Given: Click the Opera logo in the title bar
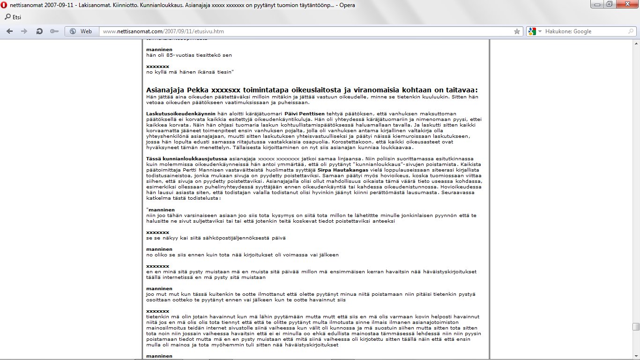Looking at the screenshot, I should pyautogui.click(x=4, y=5).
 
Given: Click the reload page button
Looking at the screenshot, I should pyautogui.click(x=39, y=31).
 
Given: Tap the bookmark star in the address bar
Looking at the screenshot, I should pyautogui.click(x=517, y=31).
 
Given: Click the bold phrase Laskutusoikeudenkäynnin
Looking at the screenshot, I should pyautogui.click(x=181, y=113).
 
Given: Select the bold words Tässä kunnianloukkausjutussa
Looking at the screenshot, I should pyautogui.click(x=186, y=159).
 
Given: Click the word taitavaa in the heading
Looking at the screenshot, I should pyautogui.click(x=460, y=90).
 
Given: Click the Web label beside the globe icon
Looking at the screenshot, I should pyautogui.click(x=86, y=31).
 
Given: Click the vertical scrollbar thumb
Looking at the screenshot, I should pyautogui.click(x=635, y=327).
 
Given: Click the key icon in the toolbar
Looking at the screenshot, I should pyautogui.click(x=54, y=31).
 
